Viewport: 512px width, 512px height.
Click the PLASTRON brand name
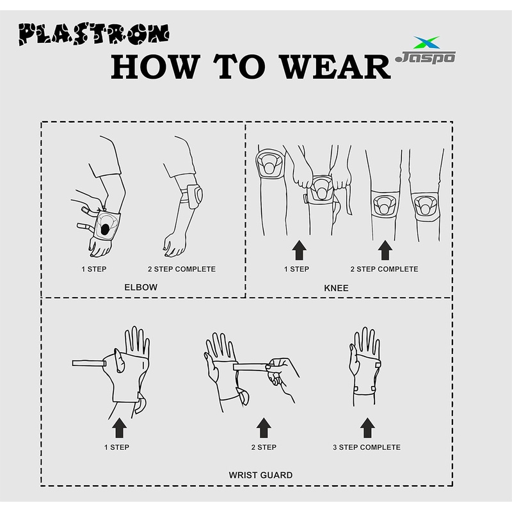click(93, 34)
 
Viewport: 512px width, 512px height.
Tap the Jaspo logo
click(425, 50)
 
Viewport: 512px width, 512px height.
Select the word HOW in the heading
click(156, 67)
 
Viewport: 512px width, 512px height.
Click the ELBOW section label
click(141, 287)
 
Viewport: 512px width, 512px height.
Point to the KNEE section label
click(336, 288)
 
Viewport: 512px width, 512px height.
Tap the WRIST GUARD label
click(260, 475)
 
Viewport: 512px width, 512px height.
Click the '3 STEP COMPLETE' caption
click(367, 447)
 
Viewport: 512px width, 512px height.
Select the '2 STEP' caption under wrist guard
click(264, 447)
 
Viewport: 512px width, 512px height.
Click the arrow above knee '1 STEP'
click(299, 250)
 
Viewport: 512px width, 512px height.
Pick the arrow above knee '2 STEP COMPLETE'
click(385, 250)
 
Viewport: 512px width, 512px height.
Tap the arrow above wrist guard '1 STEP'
click(120, 428)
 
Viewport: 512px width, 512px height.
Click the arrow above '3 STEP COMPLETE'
click(367, 428)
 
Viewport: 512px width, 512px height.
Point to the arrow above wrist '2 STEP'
click(264, 428)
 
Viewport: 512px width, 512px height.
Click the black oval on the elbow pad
click(106, 229)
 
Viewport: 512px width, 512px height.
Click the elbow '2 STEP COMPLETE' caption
click(182, 269)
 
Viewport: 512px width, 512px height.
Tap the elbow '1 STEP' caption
click(94, 269)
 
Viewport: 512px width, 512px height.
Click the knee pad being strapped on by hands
click(321, 189)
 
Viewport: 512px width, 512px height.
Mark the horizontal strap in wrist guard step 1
click(89, 363)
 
